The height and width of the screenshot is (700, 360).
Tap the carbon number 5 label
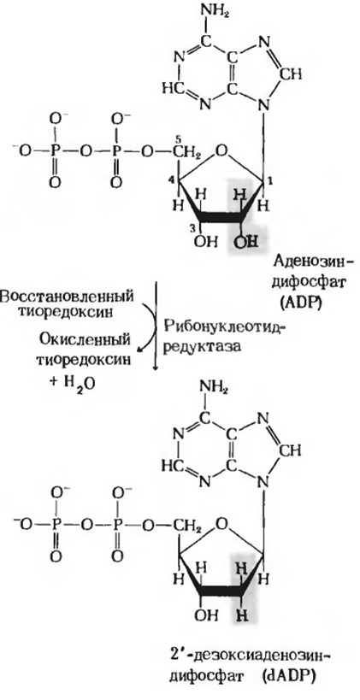pyautogui.click(x=177, y=138)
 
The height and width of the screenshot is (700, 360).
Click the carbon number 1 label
pyautogui.click(x=270, y=179)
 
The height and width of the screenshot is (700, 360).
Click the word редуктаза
pyautogui.click(x=203, y=347)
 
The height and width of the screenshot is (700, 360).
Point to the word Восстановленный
pyautogui.click(x=68, y=296)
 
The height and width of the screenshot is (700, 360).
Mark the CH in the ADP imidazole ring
pyautogui.click(x=292, y=75)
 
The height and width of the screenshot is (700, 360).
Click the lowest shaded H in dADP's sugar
pyautogui.click(x=243, y=618)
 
